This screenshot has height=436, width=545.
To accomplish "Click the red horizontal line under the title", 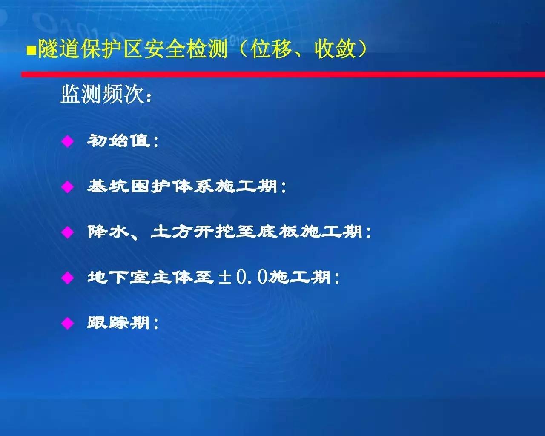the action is click(x=283, y=75).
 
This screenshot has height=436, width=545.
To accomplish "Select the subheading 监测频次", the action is click(x=103, y=94).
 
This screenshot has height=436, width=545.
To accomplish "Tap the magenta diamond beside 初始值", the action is click(x=68, y=141).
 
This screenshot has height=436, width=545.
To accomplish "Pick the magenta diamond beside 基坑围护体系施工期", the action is click(x=68, y=187).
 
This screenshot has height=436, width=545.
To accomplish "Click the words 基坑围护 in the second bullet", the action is click(x=129, y=186).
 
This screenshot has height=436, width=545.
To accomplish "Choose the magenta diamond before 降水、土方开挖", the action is click(x=68, y=232).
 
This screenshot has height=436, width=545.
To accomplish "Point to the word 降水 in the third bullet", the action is click(x=109, y=232).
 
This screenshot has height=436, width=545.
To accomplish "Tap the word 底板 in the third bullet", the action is click(x=278, y=232).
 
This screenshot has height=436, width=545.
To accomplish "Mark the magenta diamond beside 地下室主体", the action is click(x=68, y=278).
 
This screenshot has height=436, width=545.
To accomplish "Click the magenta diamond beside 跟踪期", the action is click(x=68, y=323).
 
